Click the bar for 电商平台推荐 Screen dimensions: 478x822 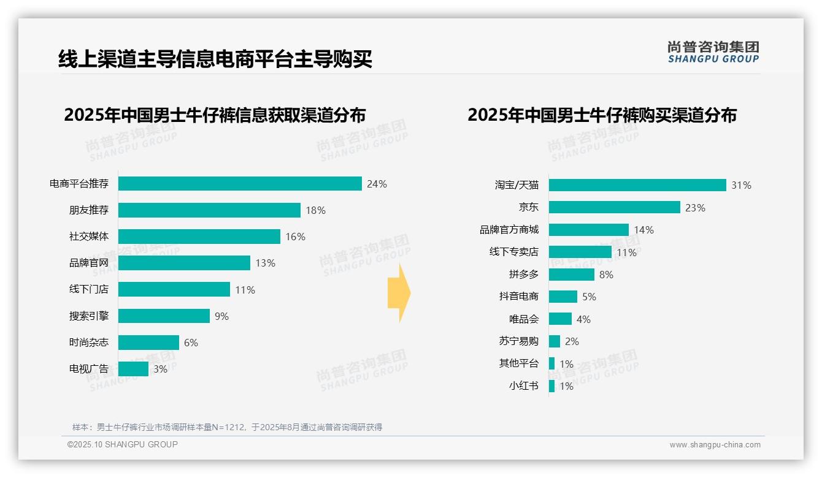(x=240, y=184)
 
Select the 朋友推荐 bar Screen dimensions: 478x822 (x=209, y=210)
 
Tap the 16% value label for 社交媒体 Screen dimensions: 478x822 (x=295, y=237)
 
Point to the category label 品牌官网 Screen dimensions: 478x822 (x=88, y=263)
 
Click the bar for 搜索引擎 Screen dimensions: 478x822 (x=164, y=316)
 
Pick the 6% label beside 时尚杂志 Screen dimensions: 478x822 (x=191, y=343)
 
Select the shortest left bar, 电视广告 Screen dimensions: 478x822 (x=133, y=368)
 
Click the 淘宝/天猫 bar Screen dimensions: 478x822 (x=637, y=185)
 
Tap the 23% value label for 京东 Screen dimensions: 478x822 (x=695, y=208)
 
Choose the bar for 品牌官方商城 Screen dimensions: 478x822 (x=589, y=230)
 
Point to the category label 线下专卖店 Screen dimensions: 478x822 (x=513, y=252)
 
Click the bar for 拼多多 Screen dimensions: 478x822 (x=572, y=275)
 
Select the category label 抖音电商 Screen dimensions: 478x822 (x=518, y=297)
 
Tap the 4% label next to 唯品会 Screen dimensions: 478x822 (x=583, y=319)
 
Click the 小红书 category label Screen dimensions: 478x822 (x=523, y=386)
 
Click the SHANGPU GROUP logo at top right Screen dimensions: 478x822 (x=713, y=52)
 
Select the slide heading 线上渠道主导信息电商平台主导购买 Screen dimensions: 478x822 (x=215, y=59)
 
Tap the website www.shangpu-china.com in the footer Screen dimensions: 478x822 (x=715, y=445)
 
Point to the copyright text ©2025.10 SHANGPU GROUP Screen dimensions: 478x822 (x=123, y=444)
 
